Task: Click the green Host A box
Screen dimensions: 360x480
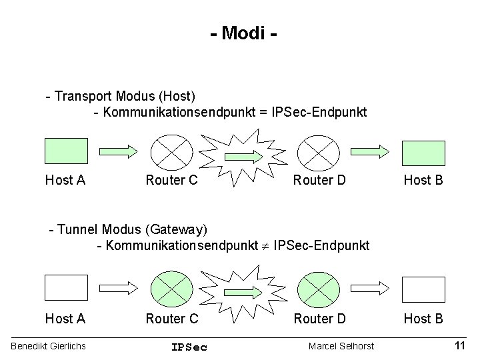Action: (66, 151)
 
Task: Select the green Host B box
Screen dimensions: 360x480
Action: (423, 151)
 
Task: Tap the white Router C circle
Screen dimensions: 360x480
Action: (171, 151)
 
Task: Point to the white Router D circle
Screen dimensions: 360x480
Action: (318, 151)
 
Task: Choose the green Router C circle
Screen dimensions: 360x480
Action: (171, 288)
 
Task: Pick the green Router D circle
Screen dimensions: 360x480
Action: (318, 288)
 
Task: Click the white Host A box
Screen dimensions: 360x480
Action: (66, 287)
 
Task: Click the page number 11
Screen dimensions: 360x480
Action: (459, 345)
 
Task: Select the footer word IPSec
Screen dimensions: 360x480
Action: (189, 347)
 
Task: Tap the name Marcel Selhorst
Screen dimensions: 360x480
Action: (341, 346)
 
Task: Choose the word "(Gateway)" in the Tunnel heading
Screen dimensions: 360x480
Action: (176, 230)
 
